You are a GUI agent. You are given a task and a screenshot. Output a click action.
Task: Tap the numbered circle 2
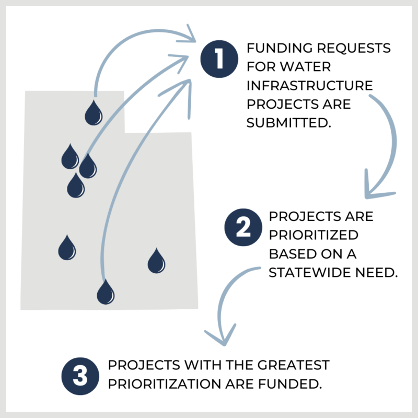pyautogui.click(x=241, y=228)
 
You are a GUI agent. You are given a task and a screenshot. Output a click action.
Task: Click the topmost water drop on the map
pyautogui.click(x=94, y=113)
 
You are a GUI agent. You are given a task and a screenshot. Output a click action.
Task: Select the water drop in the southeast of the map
pyautogui.click(x=156, y=261)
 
